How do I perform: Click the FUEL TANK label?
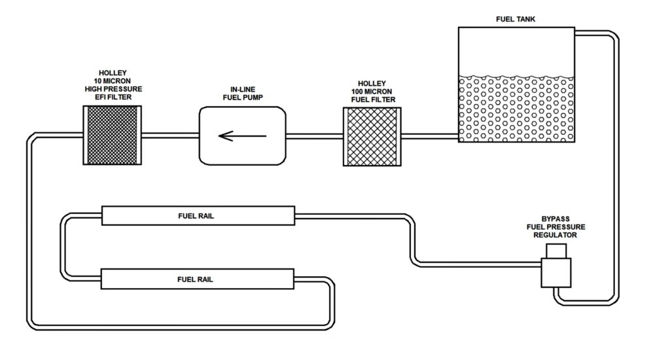click(x=516, y=20)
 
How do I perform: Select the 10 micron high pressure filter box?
click(x=113, y=135)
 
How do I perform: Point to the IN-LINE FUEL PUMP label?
click(x=242, y=94)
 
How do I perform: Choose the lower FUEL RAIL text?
click(x=196, y=279)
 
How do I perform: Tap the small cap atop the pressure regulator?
click(x=556, y=250)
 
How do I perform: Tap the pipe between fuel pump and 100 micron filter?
click(x=315, y=136)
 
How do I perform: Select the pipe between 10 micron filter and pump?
click(x=169, y=136)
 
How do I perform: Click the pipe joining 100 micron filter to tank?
click(x=429, y=136)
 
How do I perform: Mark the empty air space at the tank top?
click(x=516, y=49)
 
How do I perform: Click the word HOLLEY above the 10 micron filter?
click(x=113, y=73)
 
